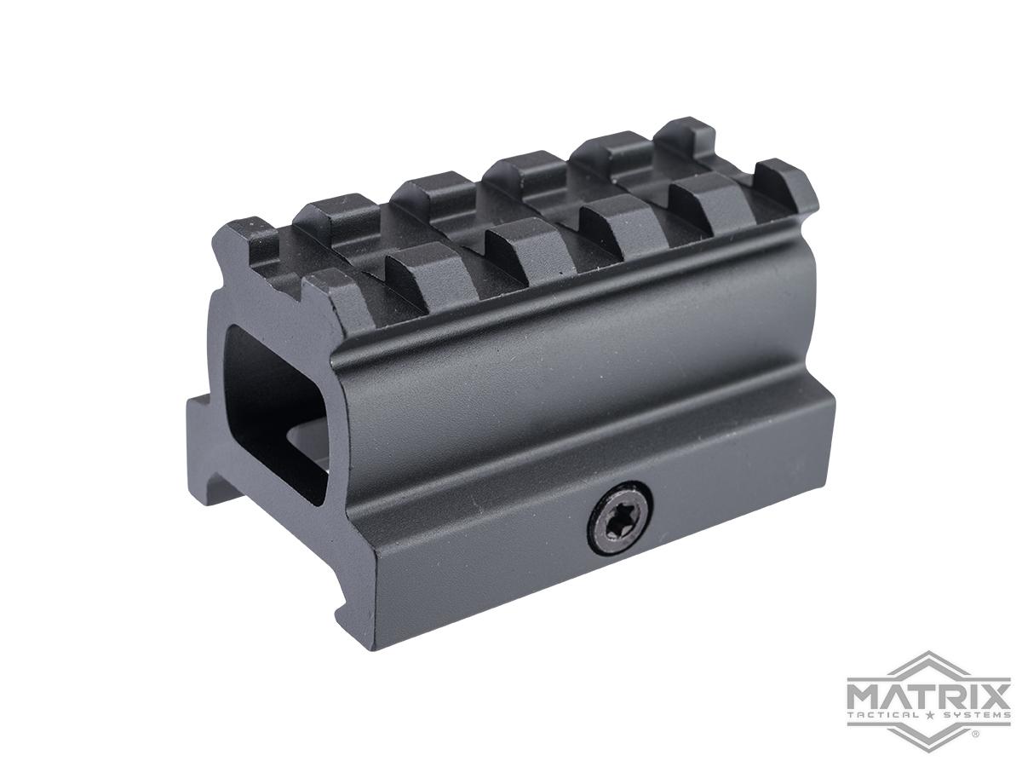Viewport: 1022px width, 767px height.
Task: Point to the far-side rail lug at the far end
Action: coord(690,136)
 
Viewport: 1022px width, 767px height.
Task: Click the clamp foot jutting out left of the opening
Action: coord(198,443)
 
